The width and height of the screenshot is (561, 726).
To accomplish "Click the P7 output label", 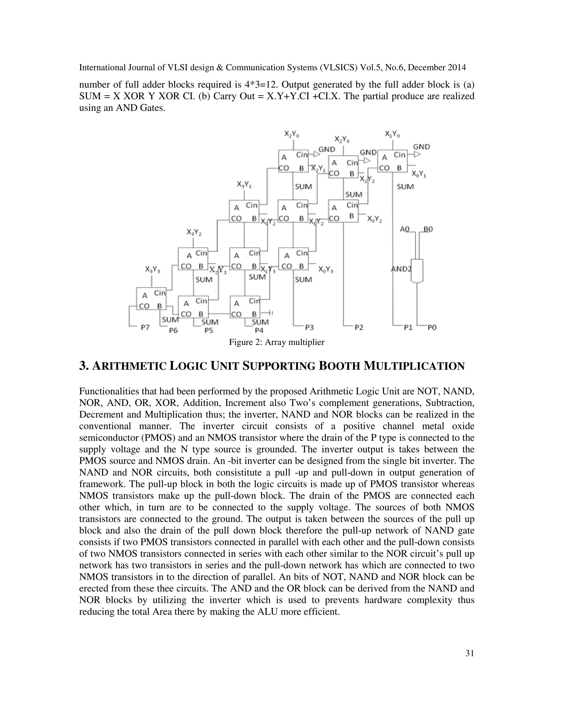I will point(145,327).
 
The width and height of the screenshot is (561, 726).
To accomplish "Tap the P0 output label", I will point(432,327).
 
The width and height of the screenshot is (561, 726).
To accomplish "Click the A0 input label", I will point(405,229).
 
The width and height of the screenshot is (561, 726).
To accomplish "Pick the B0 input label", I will point(428,229).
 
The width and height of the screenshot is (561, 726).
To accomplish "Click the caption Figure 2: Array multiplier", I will point(276,342).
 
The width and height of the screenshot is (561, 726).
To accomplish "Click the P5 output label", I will point(208,330).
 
